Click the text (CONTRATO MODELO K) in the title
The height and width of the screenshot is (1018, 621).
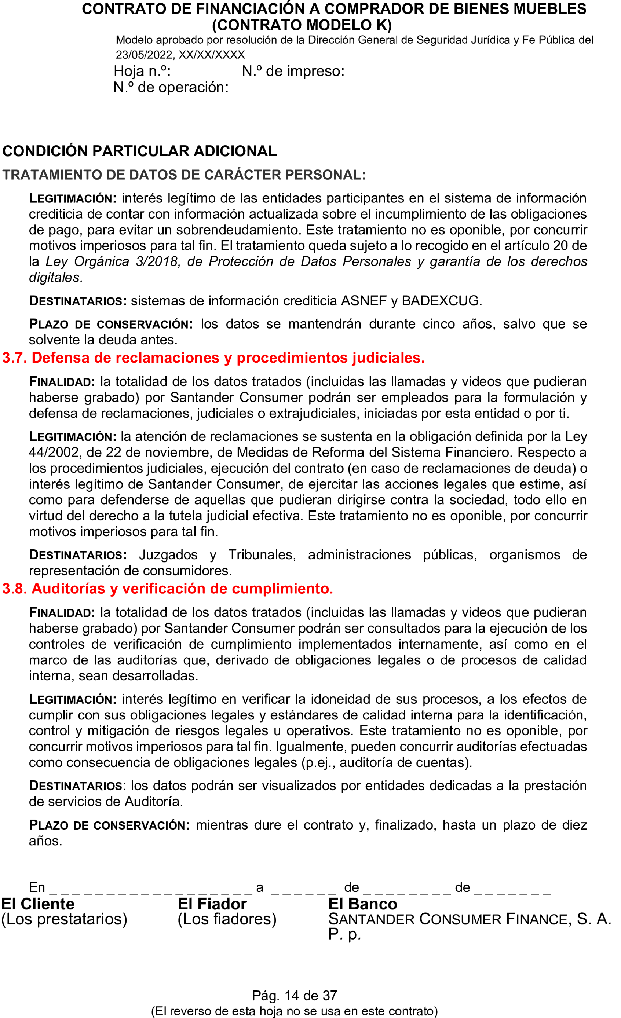(302, 25)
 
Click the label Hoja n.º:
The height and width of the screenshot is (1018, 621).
(142, 71)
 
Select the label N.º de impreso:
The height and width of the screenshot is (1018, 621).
(293, 71)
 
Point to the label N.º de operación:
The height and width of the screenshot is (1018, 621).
(171, 87)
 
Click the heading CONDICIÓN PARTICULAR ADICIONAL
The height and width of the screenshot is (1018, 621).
(139, 151)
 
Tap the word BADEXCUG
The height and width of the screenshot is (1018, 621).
(440, 300)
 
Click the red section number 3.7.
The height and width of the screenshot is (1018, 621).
(14, 358)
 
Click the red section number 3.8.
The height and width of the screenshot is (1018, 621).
(14, 588)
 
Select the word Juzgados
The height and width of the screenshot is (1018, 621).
(168, 554)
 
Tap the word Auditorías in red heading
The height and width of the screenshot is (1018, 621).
(68, 588)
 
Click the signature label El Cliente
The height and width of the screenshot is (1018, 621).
(38, 904)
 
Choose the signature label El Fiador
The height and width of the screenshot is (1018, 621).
(212, 904)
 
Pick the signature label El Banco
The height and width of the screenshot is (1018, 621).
(362, 904)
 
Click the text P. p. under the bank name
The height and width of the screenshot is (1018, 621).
(344, 934)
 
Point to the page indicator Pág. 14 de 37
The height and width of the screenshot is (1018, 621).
(295, 995)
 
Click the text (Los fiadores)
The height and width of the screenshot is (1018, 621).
(227, 919)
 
